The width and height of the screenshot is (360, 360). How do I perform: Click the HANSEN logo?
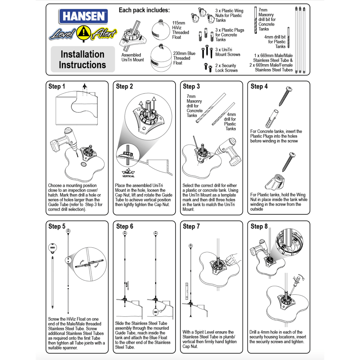[84, 16]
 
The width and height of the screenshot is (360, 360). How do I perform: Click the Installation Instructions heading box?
[82, 59]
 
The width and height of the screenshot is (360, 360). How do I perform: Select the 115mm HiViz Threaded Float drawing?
[161, 30]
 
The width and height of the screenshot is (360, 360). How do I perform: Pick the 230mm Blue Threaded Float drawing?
[160, 58]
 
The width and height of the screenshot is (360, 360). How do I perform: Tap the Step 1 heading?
[57, 86]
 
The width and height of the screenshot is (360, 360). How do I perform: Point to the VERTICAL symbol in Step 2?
[128, 173]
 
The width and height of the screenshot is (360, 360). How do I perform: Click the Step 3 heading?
[191, 86]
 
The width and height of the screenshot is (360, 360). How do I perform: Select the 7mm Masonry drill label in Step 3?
[194, 106]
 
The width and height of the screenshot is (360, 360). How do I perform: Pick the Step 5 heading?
[57, 226]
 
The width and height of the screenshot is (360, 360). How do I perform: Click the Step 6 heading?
[124, 226]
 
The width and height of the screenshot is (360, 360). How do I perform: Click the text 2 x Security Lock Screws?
[226, 68]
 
